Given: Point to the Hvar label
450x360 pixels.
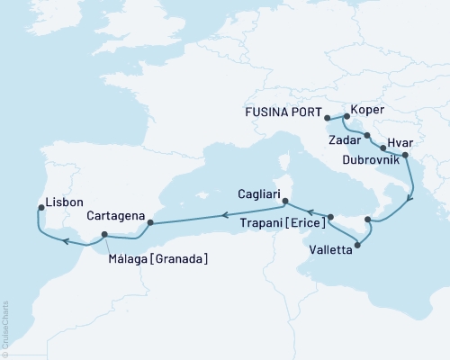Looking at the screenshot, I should (401, 142).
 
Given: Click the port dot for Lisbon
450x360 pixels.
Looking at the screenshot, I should (41, 208).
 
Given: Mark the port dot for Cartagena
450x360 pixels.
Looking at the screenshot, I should (151, 221).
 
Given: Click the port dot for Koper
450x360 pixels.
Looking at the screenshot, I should (346, 115).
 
